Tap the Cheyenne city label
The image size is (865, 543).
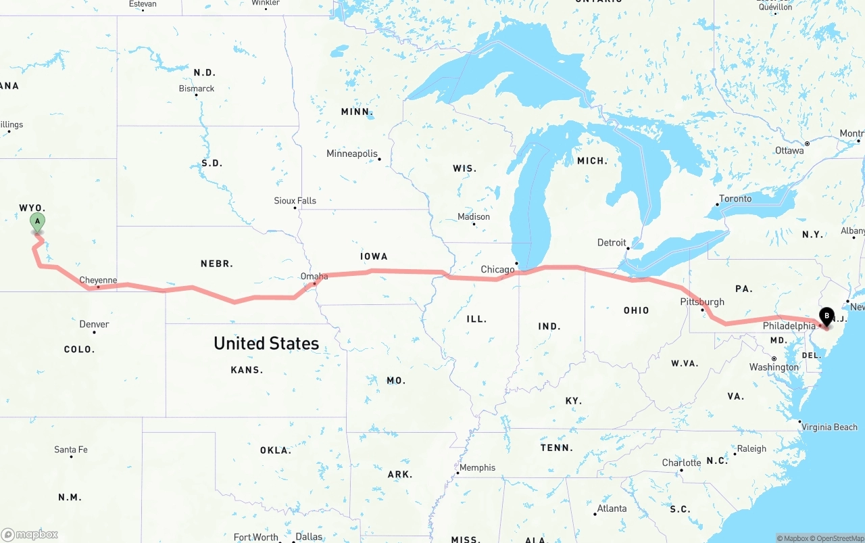pos(98,280)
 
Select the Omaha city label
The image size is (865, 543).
pos(314,276)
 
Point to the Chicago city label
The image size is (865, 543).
pos(497,269)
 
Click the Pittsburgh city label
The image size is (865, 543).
pos(702,302)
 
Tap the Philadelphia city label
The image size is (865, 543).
pos(789,326)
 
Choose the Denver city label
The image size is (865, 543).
pos(94,324)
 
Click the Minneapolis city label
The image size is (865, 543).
pos(352,154)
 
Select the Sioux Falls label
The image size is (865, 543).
pos(295,200)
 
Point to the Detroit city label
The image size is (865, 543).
pos(612,242)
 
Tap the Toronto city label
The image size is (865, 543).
pos(735,198)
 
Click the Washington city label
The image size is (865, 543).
pos(774,367)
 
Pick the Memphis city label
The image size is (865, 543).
pos(477,467)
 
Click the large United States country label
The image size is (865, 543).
pos(266,344)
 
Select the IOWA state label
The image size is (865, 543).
pos(374,256)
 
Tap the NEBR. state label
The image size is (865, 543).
pos(216,263)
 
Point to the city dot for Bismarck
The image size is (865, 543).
pos(196,95)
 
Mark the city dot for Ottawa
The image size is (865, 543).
pos(807,143)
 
